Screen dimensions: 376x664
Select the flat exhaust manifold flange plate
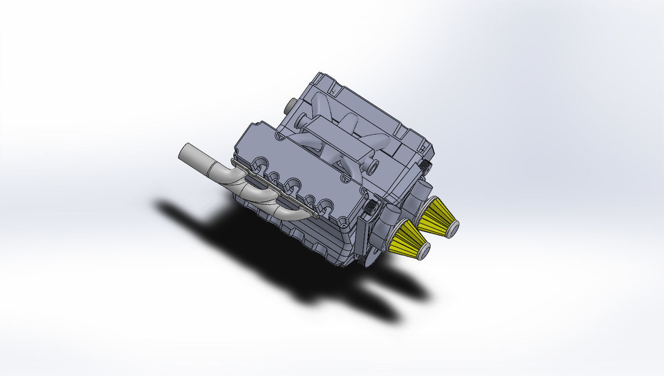[x=276, y=190]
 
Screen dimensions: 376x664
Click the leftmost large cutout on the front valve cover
[x=261, y=164]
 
